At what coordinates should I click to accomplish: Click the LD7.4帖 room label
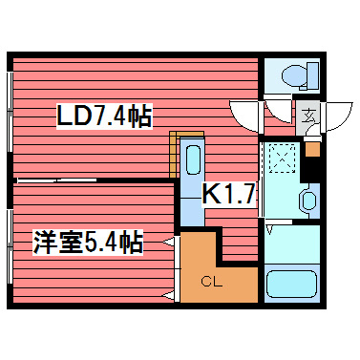coord(104,117)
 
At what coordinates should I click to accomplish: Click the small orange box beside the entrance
coord(312,149)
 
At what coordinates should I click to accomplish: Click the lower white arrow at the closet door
coord(168,287)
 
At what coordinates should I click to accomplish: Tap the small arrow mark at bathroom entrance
coord(271,230)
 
